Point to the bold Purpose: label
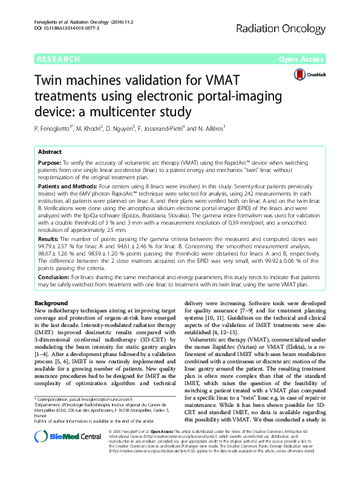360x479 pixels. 50,164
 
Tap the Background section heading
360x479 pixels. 51,302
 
